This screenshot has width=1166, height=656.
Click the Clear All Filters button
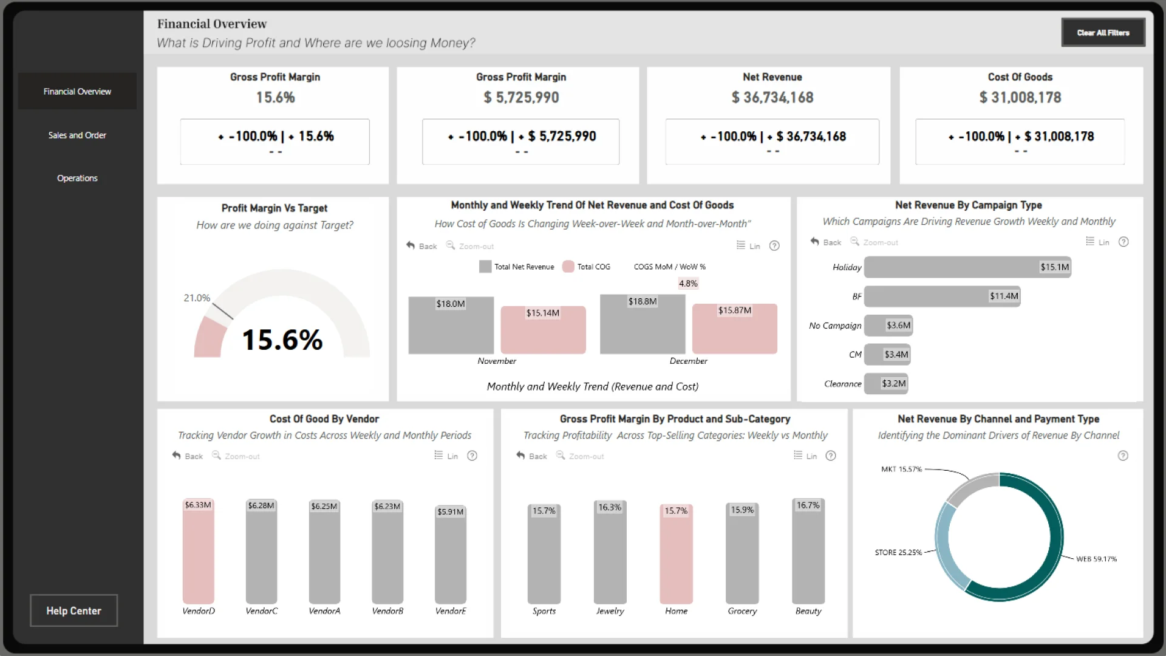coord(1103,33)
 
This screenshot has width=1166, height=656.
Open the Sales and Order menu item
coord(77,135)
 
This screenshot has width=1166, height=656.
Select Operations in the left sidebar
coord(77,179)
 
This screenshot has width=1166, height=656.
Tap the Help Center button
coord(73,610)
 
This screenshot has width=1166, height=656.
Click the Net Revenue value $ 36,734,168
coord(772,98)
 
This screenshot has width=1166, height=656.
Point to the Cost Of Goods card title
coord(1020,77)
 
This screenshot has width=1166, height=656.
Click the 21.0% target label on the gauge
coord(197,298)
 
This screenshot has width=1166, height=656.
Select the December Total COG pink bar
coord(734,331)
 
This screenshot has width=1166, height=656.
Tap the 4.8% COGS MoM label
coord(688,284)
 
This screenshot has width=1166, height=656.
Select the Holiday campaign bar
coord(967,267)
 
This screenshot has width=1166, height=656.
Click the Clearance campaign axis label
coord(842,384)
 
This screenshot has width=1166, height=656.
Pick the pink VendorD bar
coord(199,553)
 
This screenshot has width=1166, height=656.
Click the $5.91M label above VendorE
coord(450,512)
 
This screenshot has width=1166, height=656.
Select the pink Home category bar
coord(676,556)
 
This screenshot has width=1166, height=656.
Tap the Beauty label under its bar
coord(808,611)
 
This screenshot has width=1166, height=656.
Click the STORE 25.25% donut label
coord(898,553)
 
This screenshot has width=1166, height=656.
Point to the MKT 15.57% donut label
coord(901,470)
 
